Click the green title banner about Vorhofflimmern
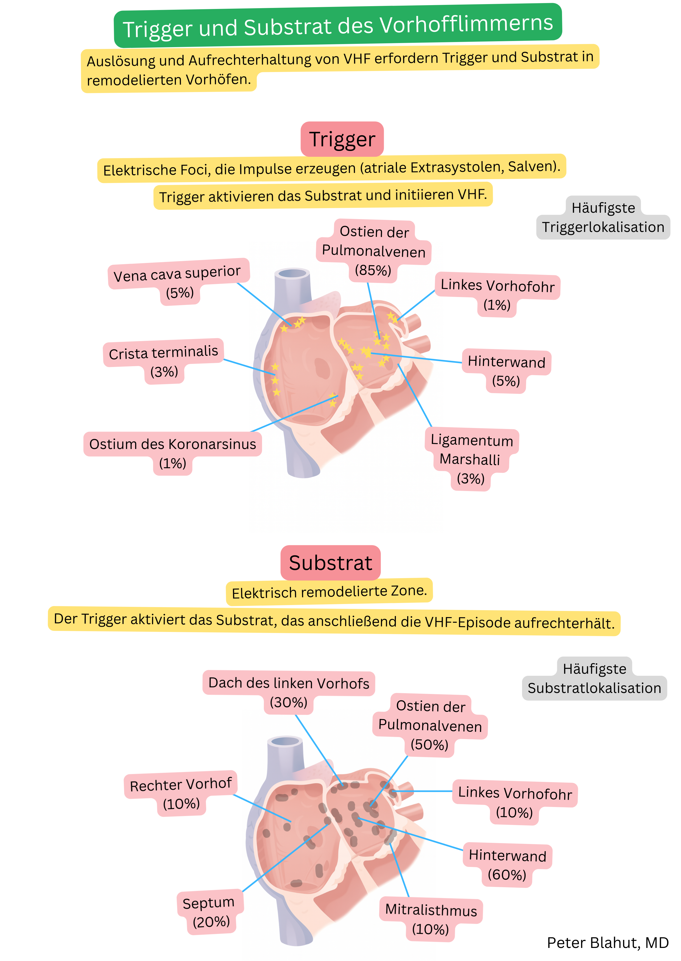338,26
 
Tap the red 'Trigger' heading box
342,139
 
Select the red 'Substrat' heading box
331,563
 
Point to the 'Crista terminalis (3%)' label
164,360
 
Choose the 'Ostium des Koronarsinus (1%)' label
172,452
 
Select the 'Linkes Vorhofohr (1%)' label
497,293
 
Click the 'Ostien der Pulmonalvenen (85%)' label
373,251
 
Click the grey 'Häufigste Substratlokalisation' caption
594,678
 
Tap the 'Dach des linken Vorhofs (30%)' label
288,691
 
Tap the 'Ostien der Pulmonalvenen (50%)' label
430,725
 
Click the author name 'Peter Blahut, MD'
607,943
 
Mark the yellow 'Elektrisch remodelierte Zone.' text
329,592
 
